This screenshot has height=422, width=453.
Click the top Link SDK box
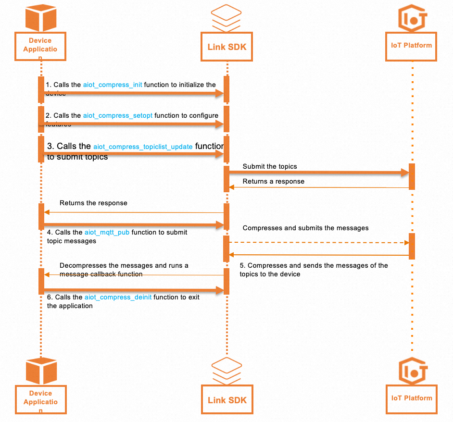pyautogui.click(x=227, y=47)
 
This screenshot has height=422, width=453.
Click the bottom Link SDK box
pyautogui.click(x=227, y=399)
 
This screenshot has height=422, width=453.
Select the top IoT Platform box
pyautogui.click(x=412, y=46)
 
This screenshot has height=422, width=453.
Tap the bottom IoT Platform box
pyautogui.click(x=412, y=398)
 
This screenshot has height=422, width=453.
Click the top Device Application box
pyautogui.click(x=40, y=46)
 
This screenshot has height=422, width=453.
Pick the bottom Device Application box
pyautogui.click(x=40, y=399)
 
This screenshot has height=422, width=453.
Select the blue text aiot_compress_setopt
pyautogui.click(x=118, y=116)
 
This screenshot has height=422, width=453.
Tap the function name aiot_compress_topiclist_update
pyautogui.click(x=143, y=147)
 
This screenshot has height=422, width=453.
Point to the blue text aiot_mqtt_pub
pyautogui.click(x=107, y=232)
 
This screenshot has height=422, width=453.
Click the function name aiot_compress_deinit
pyautogui.click(x=118, y=298)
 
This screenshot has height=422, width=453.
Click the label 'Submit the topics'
pyautogui.click(x=270, y=167)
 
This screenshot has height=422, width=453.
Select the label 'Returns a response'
pyautogui.click(x=273, y=182)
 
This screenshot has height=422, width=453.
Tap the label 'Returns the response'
pyautogui.click(x=93, y=203)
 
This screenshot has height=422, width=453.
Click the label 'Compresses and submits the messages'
pyautogui.click(x=305, y=228)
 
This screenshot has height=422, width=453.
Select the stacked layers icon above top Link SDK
pyautogui.click(x=226, y=17)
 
